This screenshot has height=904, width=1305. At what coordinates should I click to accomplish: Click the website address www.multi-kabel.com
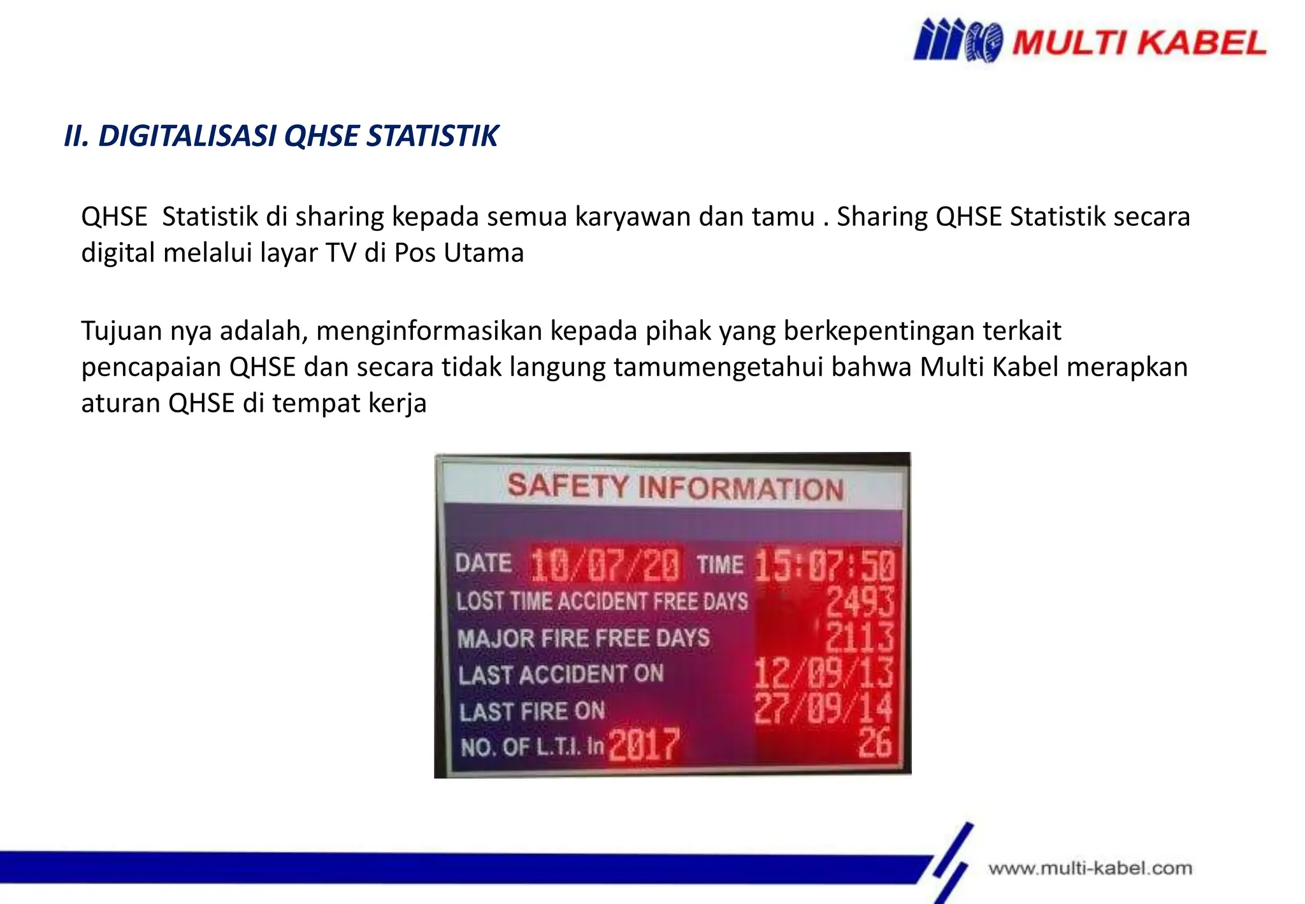pyautogui.click(x=1090, y=868)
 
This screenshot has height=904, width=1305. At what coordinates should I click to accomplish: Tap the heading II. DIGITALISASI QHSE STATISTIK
pyautogui.click(x=281, y=136)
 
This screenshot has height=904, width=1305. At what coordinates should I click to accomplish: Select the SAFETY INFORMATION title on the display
pyautogui.click(x=675, y=488)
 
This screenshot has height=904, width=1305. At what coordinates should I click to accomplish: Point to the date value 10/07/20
pyautogui.click(x=605, y=565)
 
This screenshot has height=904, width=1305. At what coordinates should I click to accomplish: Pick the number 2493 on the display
pyautogui.click(x=860, y=601)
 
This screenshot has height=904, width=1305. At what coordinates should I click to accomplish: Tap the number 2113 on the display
pyautogui.click(x=860, y=637)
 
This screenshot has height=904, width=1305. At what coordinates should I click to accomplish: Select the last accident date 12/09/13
pyautogui.click(x=823, y=673)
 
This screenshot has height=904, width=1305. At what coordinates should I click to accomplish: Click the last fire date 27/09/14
pyautogui.click(x=823, y=708)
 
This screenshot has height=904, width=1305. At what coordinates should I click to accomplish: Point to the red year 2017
pyautogui.click(x=644, y=744)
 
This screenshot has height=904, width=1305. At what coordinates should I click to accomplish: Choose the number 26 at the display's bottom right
pyautogui.click(x=875, y=743)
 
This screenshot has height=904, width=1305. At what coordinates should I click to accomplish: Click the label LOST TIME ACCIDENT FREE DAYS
pyautogui.click(x=602, y=601)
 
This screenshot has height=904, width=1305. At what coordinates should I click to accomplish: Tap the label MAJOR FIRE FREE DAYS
pyautogui.click(x=583, y=638)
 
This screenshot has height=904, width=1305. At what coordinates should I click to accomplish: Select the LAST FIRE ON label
pyautogui.click(x=532, y=711)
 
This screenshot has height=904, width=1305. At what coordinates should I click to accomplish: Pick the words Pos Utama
pyautogui.click(x=459, y=253)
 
